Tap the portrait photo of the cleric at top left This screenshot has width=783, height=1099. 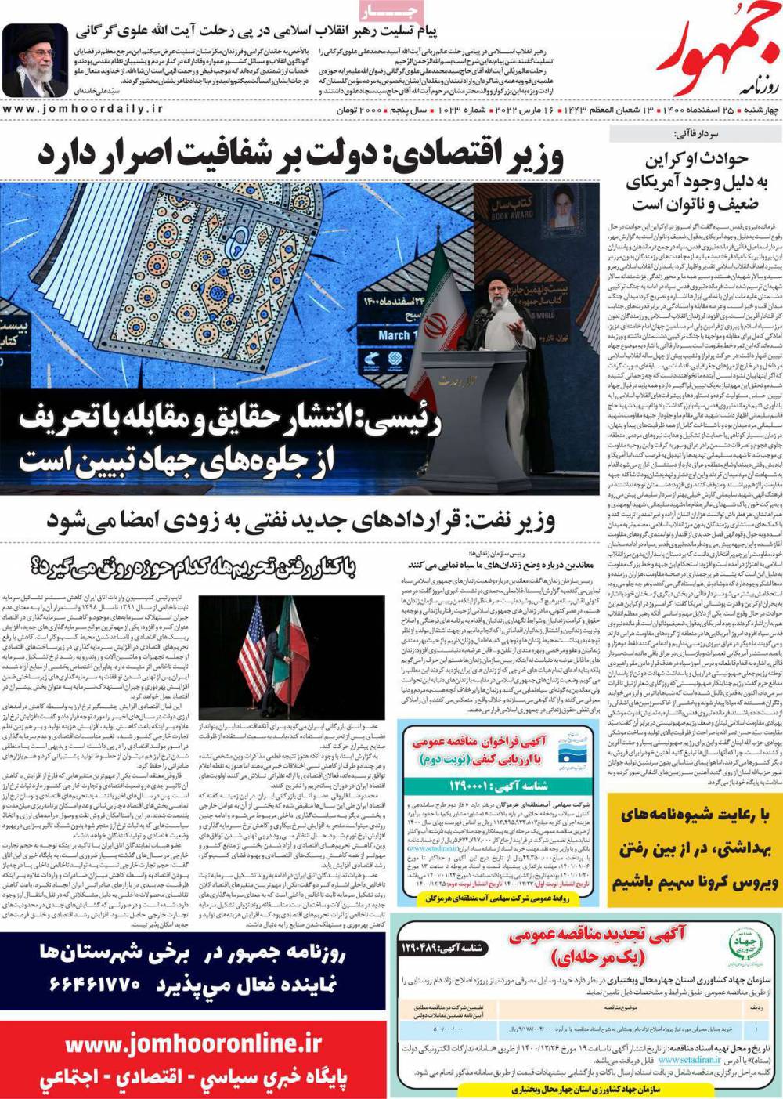coord(35,61)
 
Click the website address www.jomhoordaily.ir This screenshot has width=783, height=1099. coord(83,110)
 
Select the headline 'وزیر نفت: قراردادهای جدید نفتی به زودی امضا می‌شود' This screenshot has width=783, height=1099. coord(301,519)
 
